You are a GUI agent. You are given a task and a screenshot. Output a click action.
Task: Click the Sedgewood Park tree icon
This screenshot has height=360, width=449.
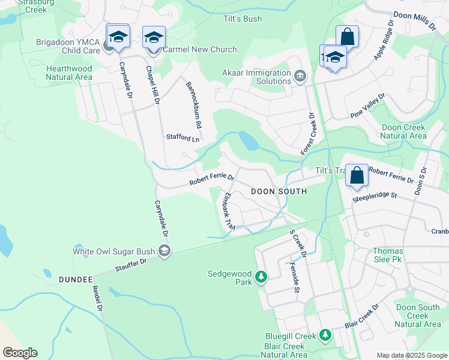click(x=261, y=277)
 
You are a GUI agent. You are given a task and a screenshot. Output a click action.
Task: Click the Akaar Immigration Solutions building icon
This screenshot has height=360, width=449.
click(x=300, y=76)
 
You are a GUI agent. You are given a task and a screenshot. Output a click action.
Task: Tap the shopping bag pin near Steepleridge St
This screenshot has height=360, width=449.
click(x=357, y=176)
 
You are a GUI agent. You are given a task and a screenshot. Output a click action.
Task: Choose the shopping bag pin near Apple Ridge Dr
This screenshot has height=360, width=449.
click(x=347, y=36)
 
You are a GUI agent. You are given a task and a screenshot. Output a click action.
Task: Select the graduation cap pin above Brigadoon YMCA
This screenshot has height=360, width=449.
click(x=118, y=36)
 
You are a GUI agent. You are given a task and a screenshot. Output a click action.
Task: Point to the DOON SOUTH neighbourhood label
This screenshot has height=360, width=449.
click(x=279, y=191)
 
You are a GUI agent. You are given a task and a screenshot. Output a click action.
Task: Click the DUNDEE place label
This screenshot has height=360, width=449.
click(x=76, y=280)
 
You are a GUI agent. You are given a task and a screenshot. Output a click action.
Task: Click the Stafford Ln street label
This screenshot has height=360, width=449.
click(x=182, y=138)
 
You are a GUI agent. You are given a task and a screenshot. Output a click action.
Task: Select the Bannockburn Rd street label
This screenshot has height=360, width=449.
click(x=192, y=104)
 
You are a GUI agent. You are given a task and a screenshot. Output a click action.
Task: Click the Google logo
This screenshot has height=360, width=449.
click(x=20, y=353)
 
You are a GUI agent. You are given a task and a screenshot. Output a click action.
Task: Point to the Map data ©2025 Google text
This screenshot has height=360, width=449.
click(x=411, y=355)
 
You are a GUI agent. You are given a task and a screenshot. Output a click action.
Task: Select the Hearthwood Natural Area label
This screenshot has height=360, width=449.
click(x=70, y=73)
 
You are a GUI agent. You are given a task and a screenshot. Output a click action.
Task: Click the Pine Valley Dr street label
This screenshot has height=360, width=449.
click(x=367, y=106)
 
